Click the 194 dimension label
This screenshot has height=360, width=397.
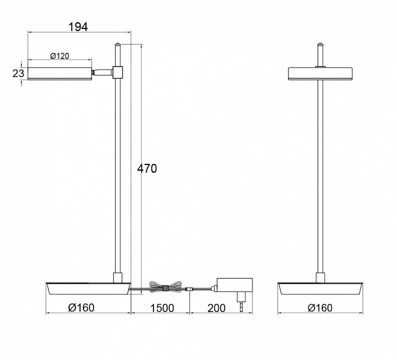pyautogui.click(x=78, y=27)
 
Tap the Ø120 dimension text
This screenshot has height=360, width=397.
pyautogui.click(x=59, y=56)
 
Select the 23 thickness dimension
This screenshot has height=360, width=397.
pyautogui.click(x=18, y=73)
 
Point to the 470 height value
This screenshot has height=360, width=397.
pyautogui.click(x=147, y=168)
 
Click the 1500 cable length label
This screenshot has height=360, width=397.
pyautogui.click(x=162, y=308)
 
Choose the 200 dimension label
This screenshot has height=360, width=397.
pyautogui.click(x=216, y=308)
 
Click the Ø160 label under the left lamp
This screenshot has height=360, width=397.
pyautogui.click(x=81, y=307)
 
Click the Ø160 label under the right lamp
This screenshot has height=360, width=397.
pyautogui.click(x=320, y=308)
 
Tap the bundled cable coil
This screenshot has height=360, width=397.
pyautogui.click(x=166, y=287)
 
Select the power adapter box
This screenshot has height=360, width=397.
pyautogui.click(x=234, y=285)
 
